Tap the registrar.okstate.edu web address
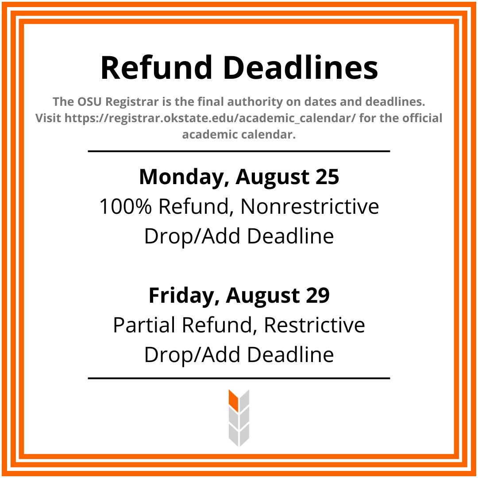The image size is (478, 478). point(210,118)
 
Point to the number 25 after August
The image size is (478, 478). point(327,177)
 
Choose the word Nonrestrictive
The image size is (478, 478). point(310,207)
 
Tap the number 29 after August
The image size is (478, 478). point(317,295)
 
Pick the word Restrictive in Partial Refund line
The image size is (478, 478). point(314,325)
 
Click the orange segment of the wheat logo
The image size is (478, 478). point(234,400)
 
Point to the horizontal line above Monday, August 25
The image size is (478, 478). point(239,151)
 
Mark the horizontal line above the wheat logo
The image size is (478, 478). point(239,378)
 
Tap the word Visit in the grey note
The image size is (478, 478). point(48,118)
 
